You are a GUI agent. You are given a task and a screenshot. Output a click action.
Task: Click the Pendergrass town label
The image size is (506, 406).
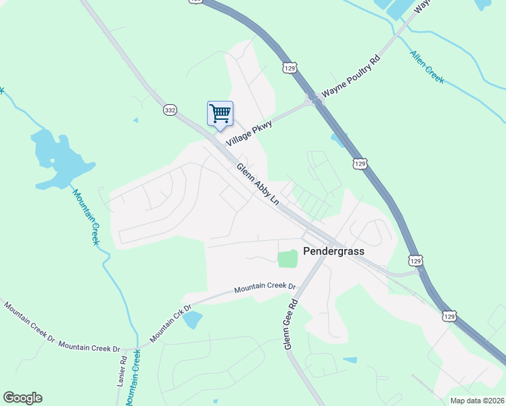333,251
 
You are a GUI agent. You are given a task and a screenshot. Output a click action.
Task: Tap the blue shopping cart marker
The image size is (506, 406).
220,114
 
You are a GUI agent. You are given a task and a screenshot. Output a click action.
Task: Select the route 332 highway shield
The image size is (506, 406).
169,109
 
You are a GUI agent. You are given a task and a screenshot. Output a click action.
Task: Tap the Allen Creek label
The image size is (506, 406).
427,66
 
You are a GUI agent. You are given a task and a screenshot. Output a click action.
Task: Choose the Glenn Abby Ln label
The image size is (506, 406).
258,185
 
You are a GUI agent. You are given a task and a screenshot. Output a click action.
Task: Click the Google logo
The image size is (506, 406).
22,398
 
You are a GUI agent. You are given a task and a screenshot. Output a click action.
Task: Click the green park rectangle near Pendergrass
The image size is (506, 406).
287,258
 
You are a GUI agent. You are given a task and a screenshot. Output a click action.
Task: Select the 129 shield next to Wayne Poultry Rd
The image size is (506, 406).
290,68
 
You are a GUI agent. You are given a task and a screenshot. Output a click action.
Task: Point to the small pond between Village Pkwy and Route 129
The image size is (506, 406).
336,140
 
